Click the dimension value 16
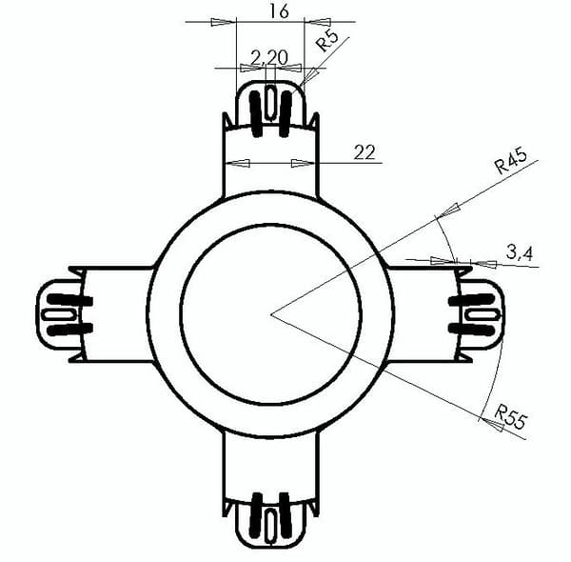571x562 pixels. (279, 11)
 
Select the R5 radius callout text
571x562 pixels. (326, 40)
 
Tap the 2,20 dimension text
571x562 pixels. (269, 57)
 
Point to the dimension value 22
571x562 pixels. (364, 152)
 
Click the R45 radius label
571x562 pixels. (511, 161)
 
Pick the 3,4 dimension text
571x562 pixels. (520, 252)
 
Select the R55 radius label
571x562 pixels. (511, 416)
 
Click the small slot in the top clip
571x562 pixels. (270, 102)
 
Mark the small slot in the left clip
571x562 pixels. (59, 315)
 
